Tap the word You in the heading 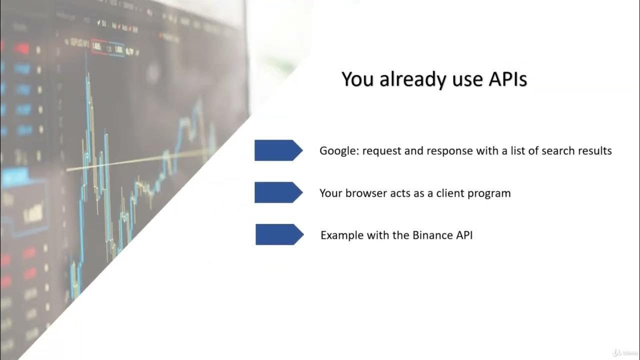(x=358, y=79)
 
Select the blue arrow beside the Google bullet (x=278, y=150)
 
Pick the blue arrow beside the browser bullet (x=278, y=192)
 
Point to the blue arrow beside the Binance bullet (x=279, y=234)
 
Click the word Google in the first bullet (x=338, y=150)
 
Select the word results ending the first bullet (x=595, y=150)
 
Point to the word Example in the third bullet (x=339, y=235)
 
